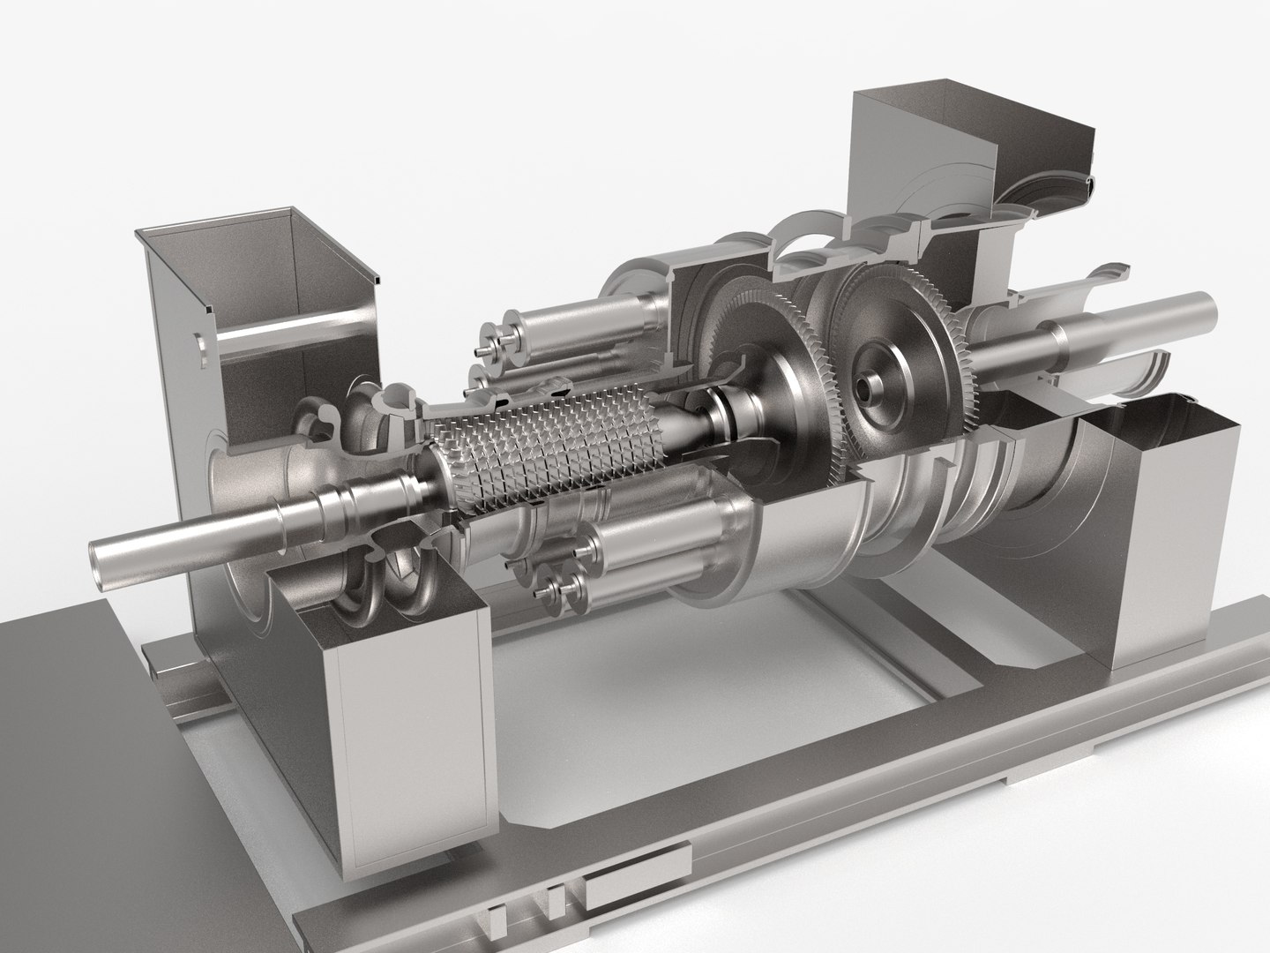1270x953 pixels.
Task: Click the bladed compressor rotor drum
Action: click(x=547, y=441)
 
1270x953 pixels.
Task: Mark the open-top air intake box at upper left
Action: click(x=256, y=265)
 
